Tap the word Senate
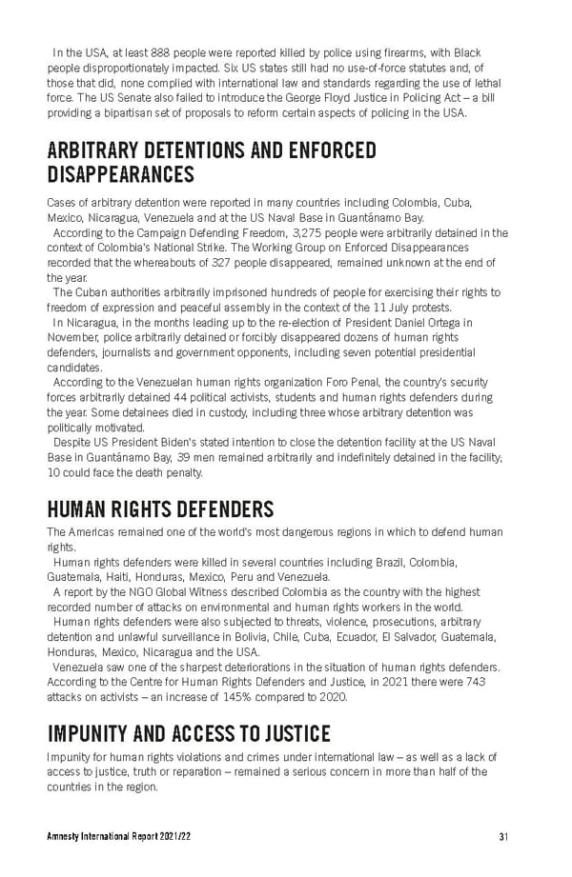pyautogui.click(x=141, y=97)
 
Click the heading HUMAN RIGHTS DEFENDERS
pyautogui.click(x=160, y=508)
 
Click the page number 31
pyautogui.click(x=503, y=837)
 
